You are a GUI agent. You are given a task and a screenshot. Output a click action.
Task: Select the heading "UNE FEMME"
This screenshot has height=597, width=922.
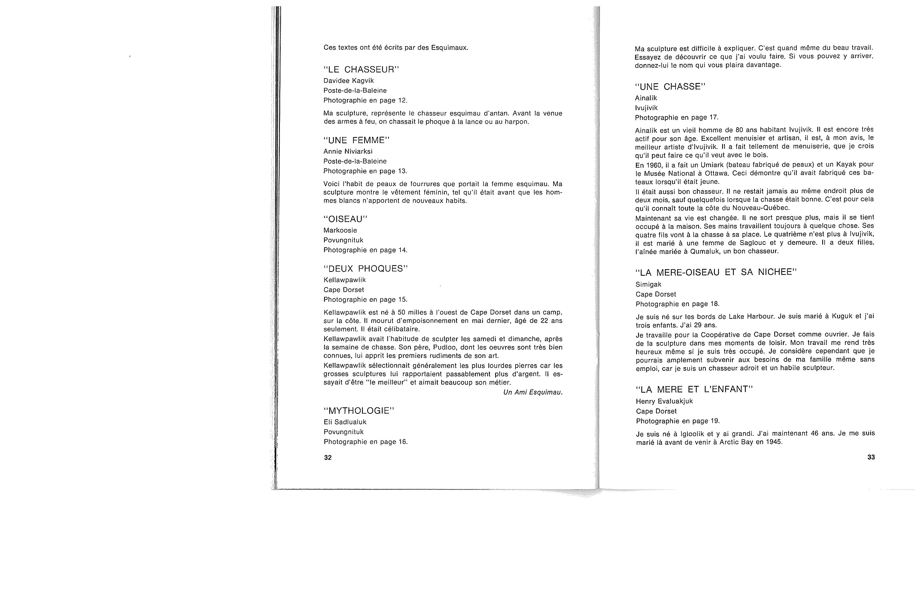356,140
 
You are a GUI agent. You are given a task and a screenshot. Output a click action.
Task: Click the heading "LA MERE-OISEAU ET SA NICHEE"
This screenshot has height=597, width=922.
716,272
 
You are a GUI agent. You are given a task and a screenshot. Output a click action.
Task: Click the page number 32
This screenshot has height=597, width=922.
328,458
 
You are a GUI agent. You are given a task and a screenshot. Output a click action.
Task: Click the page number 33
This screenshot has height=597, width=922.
871,457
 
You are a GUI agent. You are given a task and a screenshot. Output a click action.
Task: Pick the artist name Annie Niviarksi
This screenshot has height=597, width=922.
348,151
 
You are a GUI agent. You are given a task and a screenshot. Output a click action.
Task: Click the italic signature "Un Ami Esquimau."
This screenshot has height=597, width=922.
533,392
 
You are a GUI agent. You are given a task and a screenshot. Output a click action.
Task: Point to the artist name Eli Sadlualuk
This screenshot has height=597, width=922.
345,422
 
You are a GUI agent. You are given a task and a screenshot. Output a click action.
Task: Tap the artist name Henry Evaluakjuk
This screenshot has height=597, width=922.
664,401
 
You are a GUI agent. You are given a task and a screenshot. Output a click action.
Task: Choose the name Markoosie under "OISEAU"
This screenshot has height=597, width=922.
340,230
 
